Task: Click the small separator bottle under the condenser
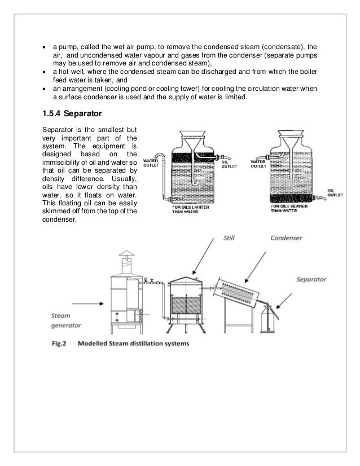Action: pyautogui.click(x=270, y=324)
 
